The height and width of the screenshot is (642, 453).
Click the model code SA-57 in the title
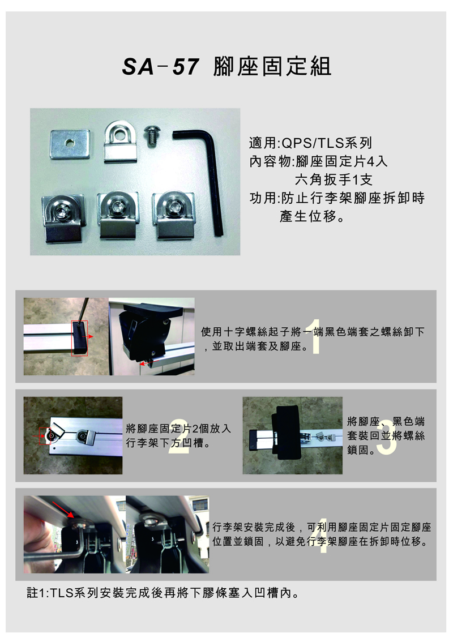click(161, 66)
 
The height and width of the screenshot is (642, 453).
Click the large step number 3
click(386, 437)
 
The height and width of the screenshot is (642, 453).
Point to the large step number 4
click(323, 536)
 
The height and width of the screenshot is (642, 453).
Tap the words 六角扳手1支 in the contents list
click(334, 179)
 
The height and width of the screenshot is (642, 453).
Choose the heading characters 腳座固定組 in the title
click(272, 66)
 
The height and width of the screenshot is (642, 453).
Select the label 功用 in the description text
click(263, 198)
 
